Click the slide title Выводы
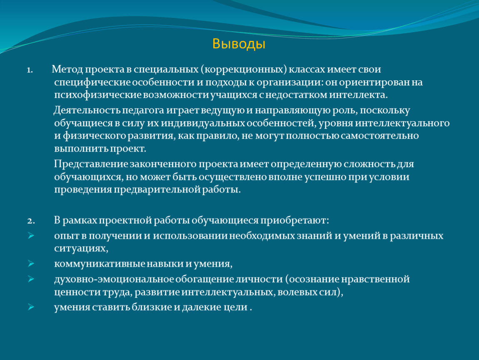click(239, 44)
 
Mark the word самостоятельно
click(380, 136)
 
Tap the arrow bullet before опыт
click(30, 236)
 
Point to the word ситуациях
click(81, 249)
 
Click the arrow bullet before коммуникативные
click(30, 264)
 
